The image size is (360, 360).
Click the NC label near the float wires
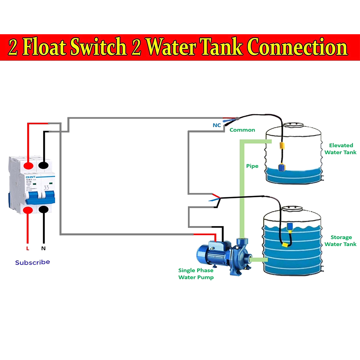tap(217, 125)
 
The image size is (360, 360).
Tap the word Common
tap(242, 130)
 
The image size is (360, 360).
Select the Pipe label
tap(252, 166)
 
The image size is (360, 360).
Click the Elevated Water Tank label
tap(341, 149)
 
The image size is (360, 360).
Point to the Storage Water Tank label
tap(341, 240)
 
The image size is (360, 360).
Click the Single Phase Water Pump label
tap(196, 274)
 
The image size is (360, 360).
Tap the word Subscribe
tap(32, 262)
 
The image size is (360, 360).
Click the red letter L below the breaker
tap(27, 248)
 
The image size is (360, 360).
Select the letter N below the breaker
tap(44, 248)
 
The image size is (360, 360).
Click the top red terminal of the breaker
tap(28, 166)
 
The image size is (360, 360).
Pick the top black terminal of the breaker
tap(44, 166)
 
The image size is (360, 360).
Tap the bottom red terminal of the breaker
tap(28, 210)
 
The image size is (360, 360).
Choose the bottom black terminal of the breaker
tap(44, 210)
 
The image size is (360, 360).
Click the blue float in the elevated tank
tap(282, 167)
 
